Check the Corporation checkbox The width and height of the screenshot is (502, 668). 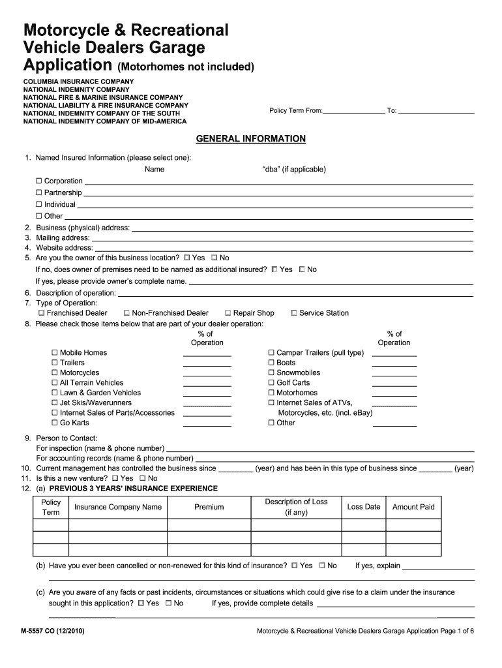click(x=39, y=181)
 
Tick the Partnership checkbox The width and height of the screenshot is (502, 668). click(x=39, y=192)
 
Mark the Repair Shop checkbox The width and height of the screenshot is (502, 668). click(x=228, y=313)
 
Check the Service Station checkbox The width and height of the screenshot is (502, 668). click(x=293, y=313)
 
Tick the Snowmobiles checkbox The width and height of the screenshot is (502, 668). click(x=271, y=372)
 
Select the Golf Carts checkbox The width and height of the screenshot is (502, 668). click(x=271, y=383)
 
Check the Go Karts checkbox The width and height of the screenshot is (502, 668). click(x=55, y=423)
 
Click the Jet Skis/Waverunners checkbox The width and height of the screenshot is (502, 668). click(x=55, y=403)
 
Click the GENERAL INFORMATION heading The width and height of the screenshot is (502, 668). click(x=251, y=139)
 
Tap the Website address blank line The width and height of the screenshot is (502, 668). click(x=284, y=249)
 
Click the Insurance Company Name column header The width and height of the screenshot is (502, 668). click(x=118, y=507)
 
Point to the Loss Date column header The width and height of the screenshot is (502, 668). click(x=363, y=507)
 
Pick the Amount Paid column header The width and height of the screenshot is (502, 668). click(x=413, y=507)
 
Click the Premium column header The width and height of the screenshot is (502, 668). click(x=209, y=507)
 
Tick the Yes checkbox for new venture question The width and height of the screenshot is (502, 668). click(x=115, y=478)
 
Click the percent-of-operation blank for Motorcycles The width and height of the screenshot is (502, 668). click(x=207, y=374)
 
